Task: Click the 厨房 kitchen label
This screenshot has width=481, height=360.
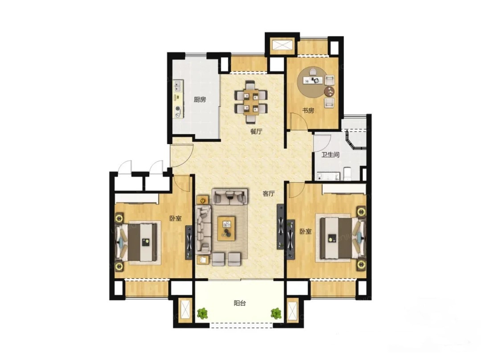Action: [x=200, y=99]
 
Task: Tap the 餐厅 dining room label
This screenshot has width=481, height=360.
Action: [x=257, y=131]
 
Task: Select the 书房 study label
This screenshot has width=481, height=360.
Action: [x=308, y=110]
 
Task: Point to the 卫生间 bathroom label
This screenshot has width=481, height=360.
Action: [x=330, y=155]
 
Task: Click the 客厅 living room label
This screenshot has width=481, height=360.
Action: [x=269, y=193]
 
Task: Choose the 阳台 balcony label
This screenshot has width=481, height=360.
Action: [x=240, y=303]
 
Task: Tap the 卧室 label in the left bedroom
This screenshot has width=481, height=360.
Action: [x=175, y=218]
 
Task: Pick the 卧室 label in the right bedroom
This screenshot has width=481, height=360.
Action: [x=306, y=231]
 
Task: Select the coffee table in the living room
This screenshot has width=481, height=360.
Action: [x=226, y=228]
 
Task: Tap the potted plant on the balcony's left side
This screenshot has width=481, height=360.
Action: [x=202, y=313]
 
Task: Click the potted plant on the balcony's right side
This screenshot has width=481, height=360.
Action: [x=277, y=313]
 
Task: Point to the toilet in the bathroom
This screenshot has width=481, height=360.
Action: [x=347, y=174]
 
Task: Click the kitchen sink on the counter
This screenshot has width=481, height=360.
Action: [x=178, y=86]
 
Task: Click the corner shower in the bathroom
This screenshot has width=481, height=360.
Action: [x=356, y=139]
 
